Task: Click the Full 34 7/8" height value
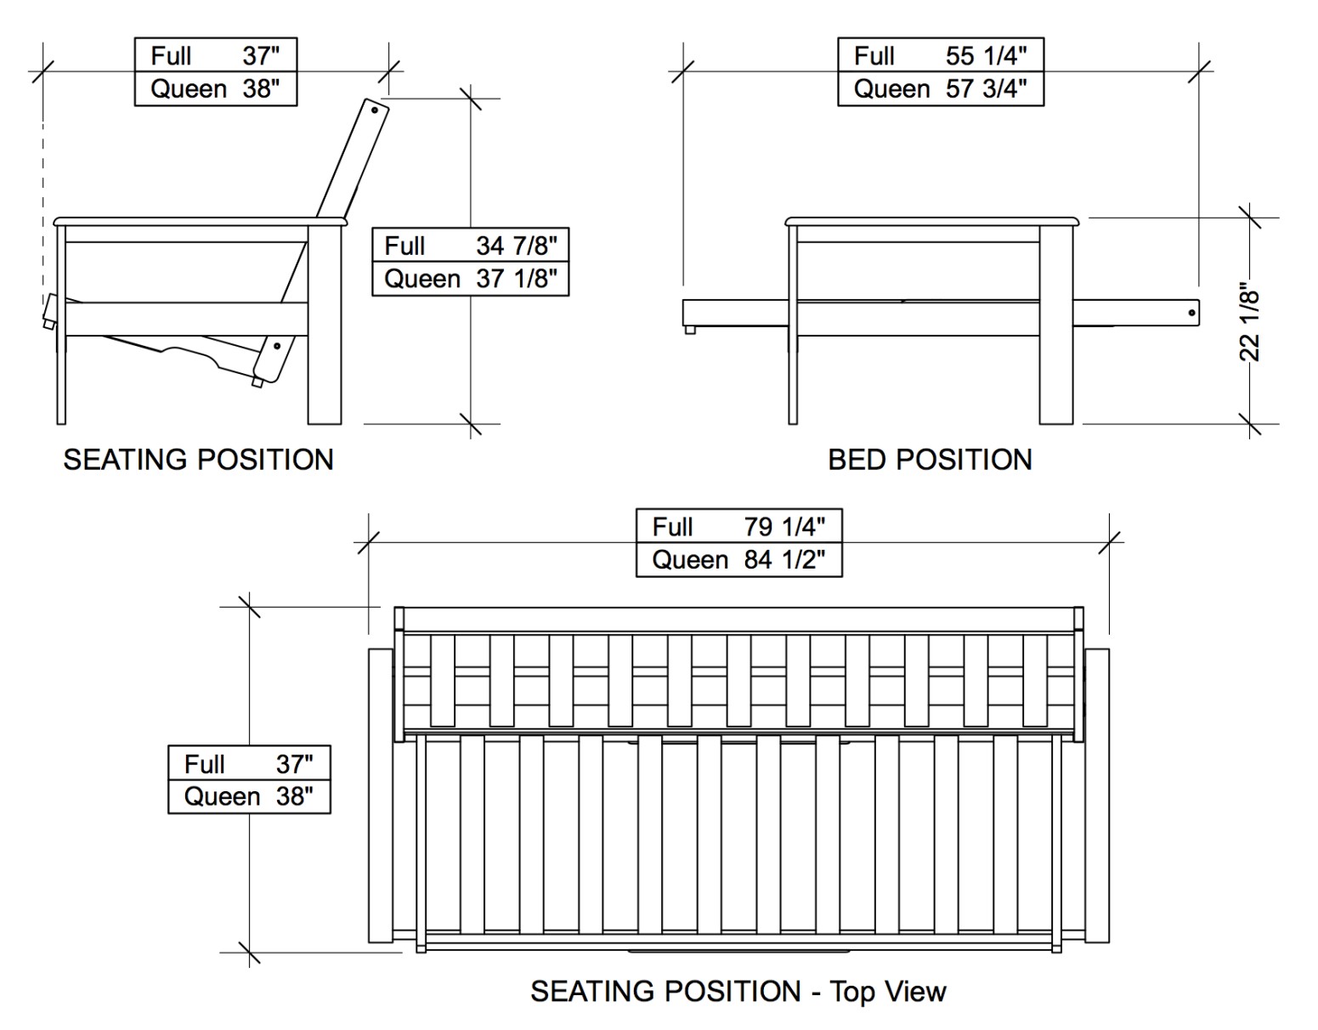[470, 246]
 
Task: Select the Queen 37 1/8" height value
[470, 279]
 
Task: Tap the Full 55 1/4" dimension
[940, 56]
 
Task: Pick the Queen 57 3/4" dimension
[940, 89]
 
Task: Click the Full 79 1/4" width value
[738, 527]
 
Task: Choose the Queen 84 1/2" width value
[738, 560]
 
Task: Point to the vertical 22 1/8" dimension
[1249, 321]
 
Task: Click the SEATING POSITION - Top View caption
[738, 991]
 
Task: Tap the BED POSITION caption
[930, 460]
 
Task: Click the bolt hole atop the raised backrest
[374, 110]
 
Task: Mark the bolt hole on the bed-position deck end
[1192, 313]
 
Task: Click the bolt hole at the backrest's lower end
[277, 347]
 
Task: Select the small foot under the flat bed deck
[690, 330]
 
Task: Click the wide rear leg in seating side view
[325, 325]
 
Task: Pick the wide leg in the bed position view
[1056, 325]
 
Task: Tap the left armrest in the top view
[381, 795]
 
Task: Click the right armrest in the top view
[1096, 795]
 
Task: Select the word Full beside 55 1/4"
[874, 56]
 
